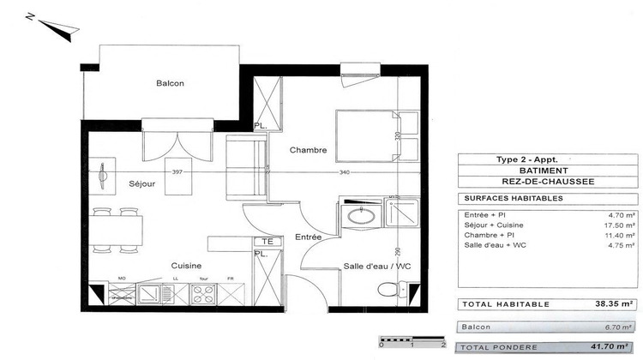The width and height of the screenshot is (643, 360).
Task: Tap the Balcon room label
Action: (x=170, y=83)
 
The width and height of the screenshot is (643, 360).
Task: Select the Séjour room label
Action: (x=142, y=183)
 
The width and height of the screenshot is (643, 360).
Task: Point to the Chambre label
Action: (x=308, y=150)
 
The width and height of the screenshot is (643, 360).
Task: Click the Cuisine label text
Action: (x=185, y=265)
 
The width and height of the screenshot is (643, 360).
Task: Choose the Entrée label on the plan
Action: (x=309, y=236)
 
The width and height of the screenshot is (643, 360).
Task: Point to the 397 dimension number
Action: (x=178, y=172)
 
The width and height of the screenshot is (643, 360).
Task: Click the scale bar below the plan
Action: (x=412, y=340)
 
